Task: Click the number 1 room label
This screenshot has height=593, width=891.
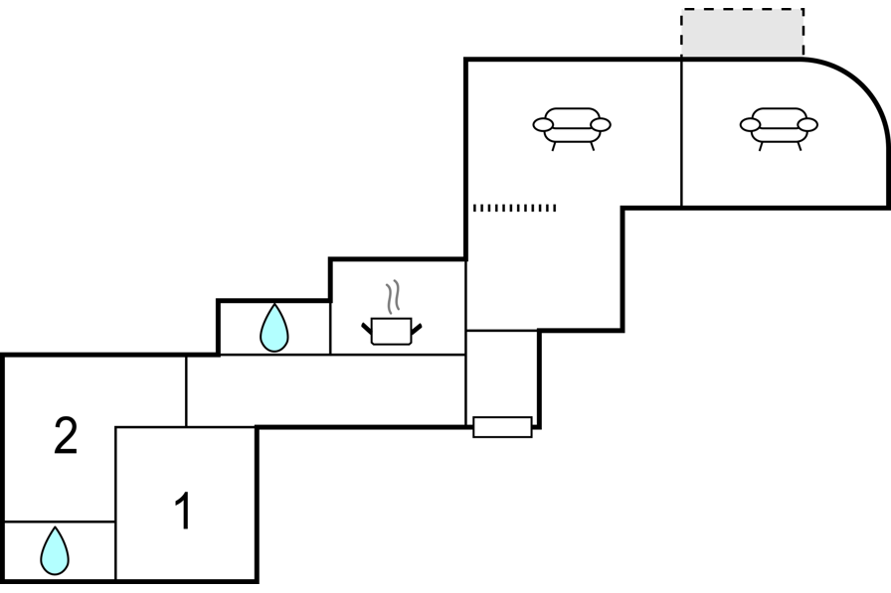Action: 183,512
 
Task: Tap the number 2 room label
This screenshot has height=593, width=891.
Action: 66,436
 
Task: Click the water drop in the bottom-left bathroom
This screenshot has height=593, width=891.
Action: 55,550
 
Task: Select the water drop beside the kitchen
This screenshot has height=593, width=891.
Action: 273,328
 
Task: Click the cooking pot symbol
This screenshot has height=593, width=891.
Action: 391,330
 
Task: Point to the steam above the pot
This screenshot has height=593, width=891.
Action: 394,296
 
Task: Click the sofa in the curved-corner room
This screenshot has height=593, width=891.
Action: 779,126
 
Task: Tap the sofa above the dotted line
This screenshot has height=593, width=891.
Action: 572,126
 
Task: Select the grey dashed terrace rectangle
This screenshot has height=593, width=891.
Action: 742,34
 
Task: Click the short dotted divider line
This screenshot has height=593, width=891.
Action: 514,208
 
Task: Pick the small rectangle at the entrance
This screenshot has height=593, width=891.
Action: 502,427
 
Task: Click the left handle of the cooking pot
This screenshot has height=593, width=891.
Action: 366,327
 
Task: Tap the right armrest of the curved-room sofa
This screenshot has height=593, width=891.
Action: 808,124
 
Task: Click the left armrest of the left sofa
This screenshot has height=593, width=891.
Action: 542,124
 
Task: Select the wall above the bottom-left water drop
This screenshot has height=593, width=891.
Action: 60,520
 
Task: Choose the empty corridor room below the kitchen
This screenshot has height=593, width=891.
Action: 325,390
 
